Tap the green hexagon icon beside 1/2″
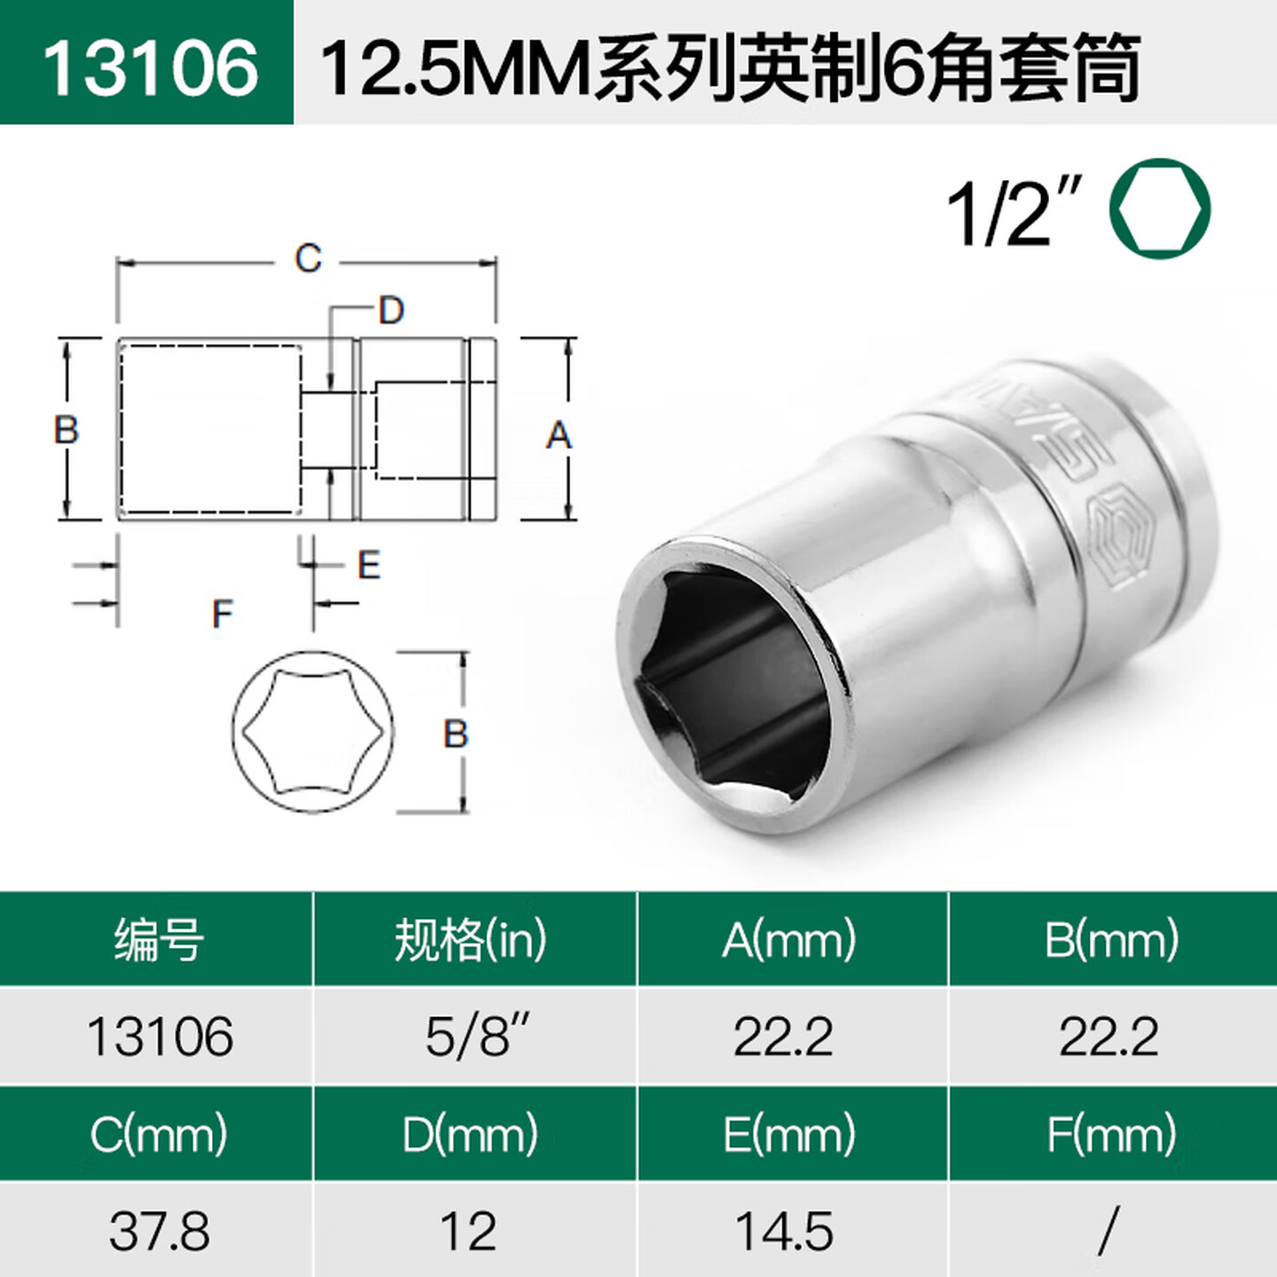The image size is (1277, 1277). coord(1159,209)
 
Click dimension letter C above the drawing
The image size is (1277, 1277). coord(308,259)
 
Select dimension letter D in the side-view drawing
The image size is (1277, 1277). coord(391,310)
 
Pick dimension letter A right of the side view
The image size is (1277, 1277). coord(558,435)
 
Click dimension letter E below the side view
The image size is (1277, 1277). coord(369,566)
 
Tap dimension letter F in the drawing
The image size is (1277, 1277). coord(222,614)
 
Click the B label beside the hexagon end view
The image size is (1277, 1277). coord(455,733)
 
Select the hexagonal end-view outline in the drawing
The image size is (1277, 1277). coord(314,732)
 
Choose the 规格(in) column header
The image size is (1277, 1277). coord(471,940)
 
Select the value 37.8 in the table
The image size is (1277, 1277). coord(160,1231)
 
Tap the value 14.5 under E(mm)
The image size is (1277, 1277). coord(784,1231)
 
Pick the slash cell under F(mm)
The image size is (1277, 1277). coord(1109,1231)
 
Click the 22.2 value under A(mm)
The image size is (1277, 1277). coord(784,1036)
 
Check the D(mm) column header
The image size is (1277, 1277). coord(470,1134)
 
